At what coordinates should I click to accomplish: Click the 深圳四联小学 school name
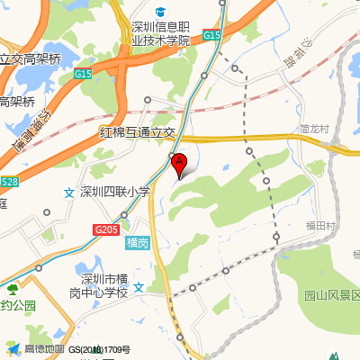(x=114, y=192)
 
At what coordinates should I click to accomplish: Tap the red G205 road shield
(x=106, y=230)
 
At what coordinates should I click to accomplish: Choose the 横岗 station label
(x=137, y=243)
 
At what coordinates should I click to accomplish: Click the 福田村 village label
(x=320, y=225)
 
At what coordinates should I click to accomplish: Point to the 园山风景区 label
(x=331, y=295)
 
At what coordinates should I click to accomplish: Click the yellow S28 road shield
(x=9, y=182)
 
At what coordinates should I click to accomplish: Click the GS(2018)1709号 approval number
(x=99, y=349)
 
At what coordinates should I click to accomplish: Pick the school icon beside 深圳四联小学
(x=68, y=192)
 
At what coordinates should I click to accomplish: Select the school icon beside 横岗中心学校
(x=139, y=287)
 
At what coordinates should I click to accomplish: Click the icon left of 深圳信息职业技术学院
(x=159, y=12)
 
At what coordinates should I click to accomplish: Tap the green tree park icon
(x=13, y=290)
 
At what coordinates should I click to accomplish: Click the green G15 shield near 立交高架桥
(x=85, y=73)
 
